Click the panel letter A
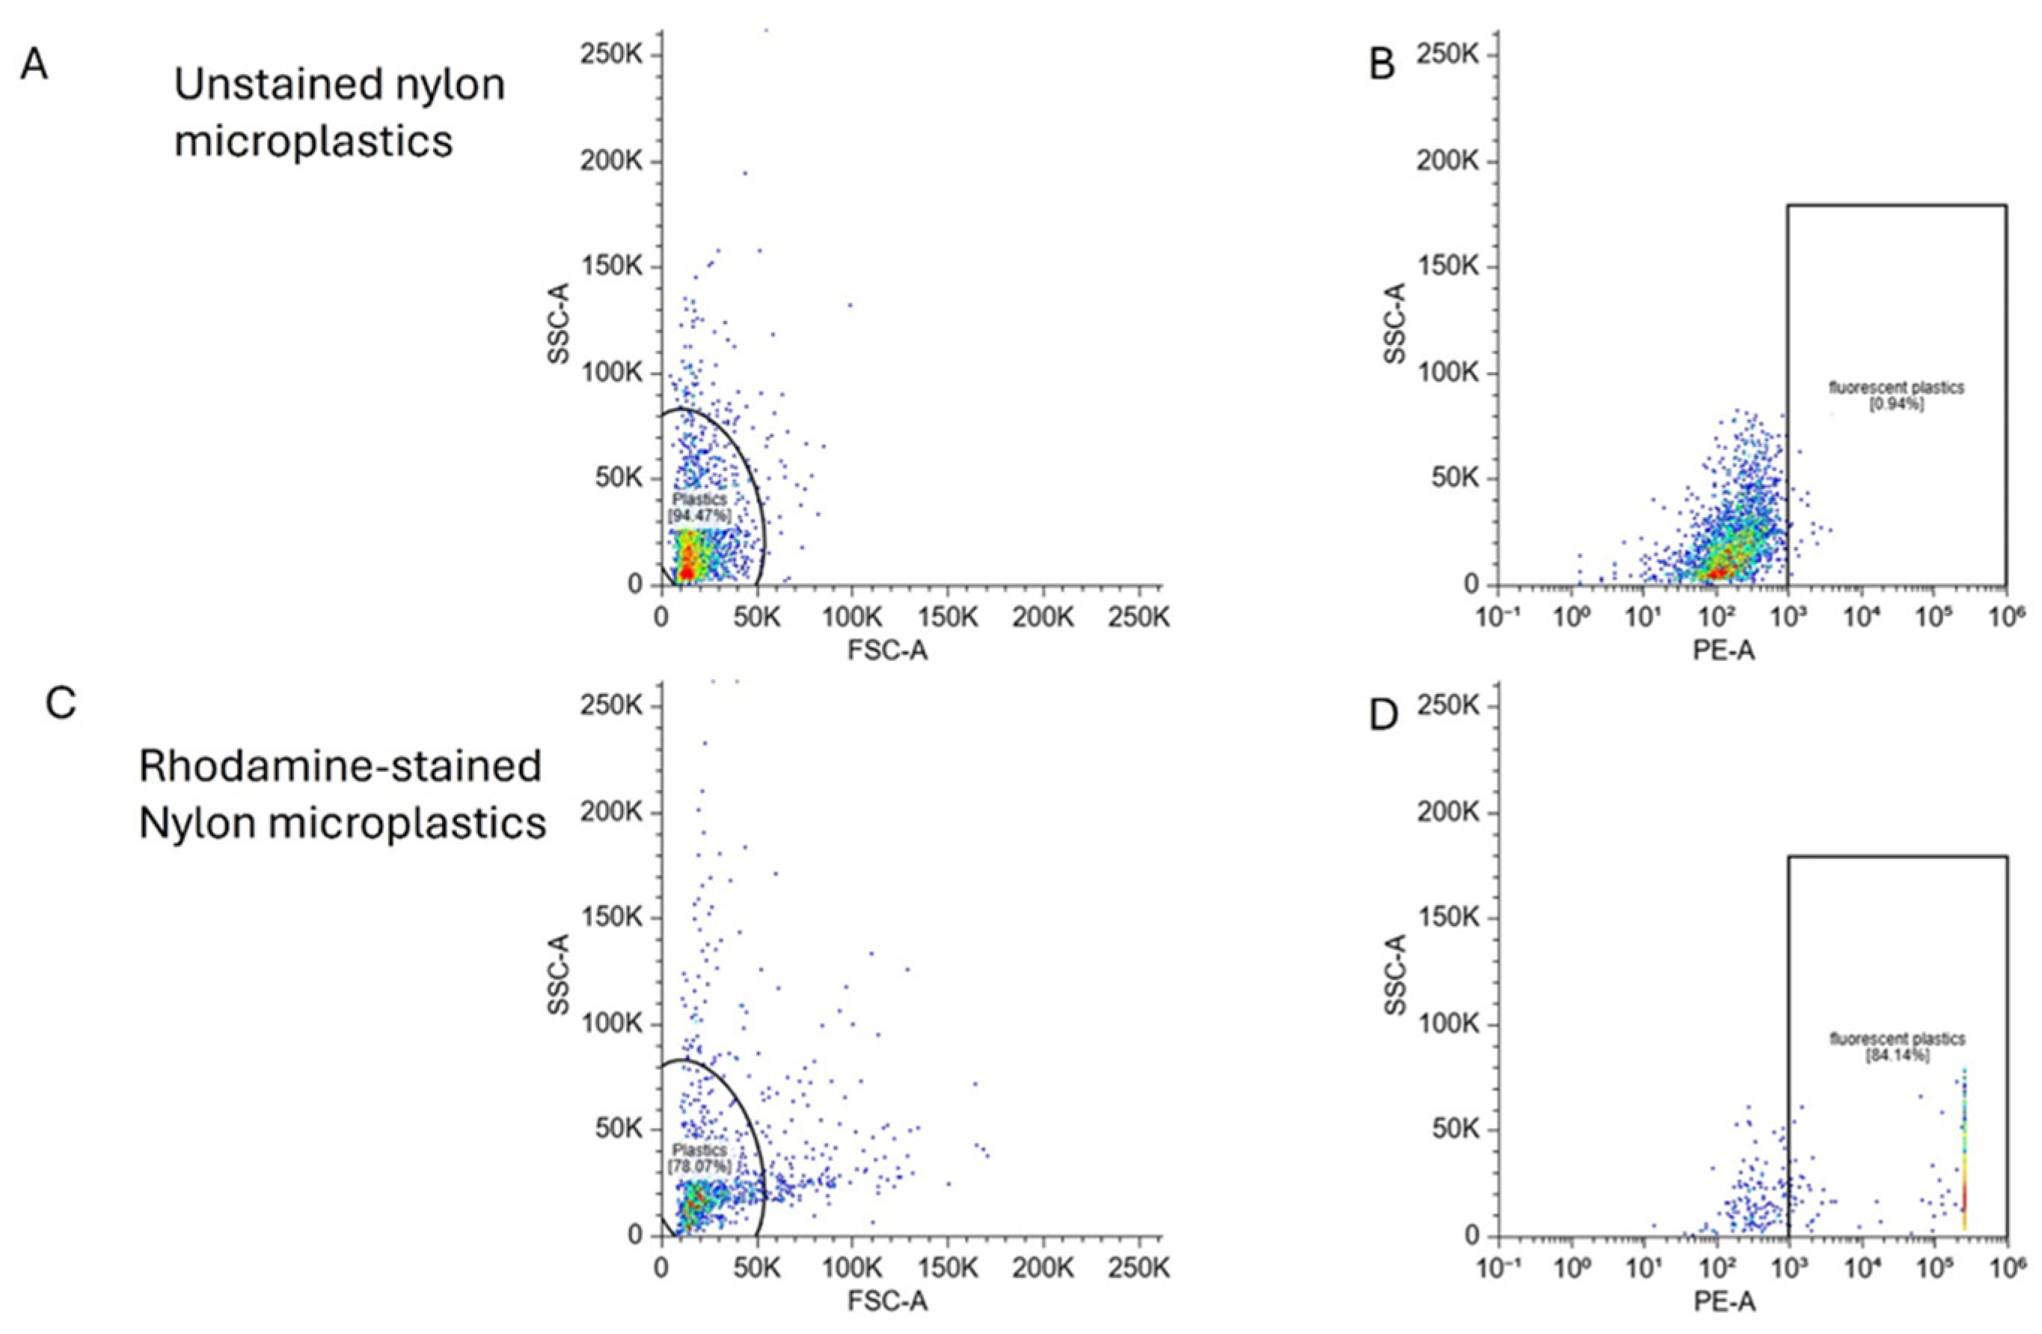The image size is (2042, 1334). (x=34, y=65)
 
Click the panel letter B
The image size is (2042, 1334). (x=1382, y=65)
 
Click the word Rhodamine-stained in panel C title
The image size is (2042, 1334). (x=340, y=767)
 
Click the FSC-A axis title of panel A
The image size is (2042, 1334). (x=888, y=651)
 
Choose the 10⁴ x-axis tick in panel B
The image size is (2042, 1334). (x=1862, y=617)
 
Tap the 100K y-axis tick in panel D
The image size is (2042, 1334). (x=1448, y=1025)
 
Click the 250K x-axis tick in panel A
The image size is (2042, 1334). (x=1137, y=616)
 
